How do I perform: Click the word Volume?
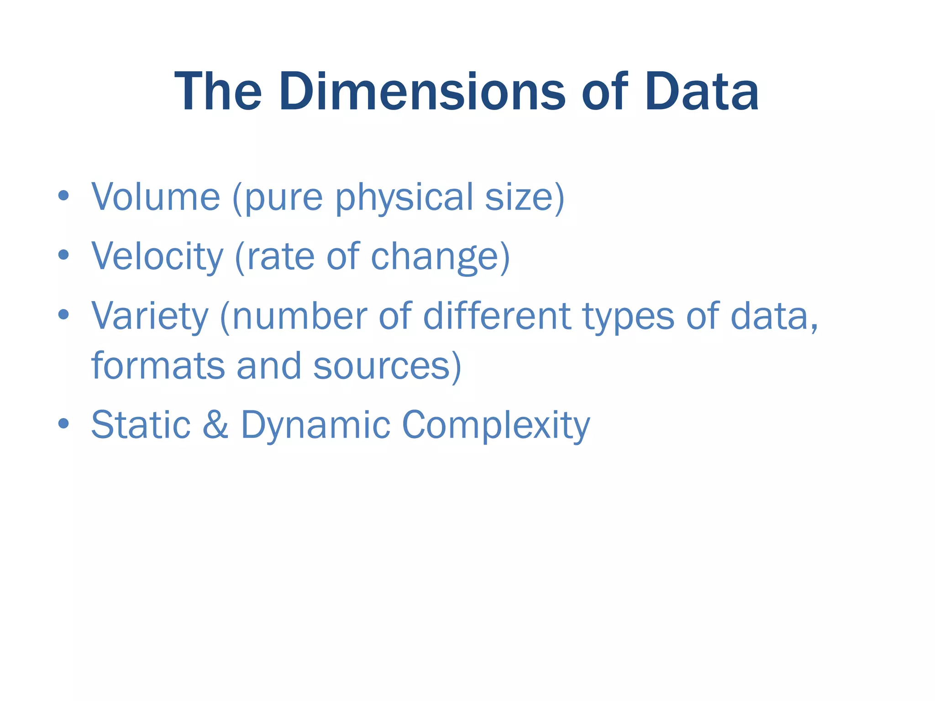156,197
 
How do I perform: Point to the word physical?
404,198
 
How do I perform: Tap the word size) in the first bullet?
525,198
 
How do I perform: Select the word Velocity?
158,257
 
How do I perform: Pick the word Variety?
150,317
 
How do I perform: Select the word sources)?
388,367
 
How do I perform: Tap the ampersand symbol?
215,424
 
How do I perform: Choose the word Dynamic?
315,425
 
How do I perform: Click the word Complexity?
496,425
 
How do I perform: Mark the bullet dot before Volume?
63,196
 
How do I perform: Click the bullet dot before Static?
63,424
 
